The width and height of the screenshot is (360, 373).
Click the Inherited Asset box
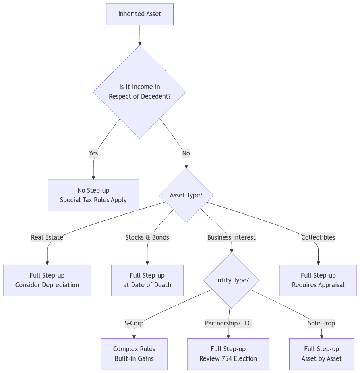pos(140,14)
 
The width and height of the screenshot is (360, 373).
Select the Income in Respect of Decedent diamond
pos(140,92)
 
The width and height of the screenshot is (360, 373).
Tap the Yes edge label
pos(93,153)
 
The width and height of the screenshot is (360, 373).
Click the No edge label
pos(186,153)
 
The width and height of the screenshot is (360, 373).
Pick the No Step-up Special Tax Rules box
pos(93,195)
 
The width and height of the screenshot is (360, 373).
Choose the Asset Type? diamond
pos(186,195)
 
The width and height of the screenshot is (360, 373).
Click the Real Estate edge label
pos(47,237)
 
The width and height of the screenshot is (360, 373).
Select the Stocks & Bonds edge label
pos(147,237)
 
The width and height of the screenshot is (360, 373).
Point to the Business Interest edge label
pos(231,237)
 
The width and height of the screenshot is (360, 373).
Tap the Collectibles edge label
pos(318,237)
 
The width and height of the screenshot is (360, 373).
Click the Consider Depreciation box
pos(47,280)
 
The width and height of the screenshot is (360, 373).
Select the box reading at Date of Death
pos(147,280)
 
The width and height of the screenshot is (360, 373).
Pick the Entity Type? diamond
pos(231,280)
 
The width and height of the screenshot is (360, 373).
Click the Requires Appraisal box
pos(318,280)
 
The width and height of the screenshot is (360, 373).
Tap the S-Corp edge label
pos(134,323)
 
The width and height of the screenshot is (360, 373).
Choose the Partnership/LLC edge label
pos(228,323)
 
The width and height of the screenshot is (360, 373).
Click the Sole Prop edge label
pos(321,323)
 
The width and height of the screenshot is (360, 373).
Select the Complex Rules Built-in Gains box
pos(134,354)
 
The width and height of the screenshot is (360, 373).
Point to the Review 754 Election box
pos(228,354)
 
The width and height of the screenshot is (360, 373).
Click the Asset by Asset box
pos(321,354)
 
